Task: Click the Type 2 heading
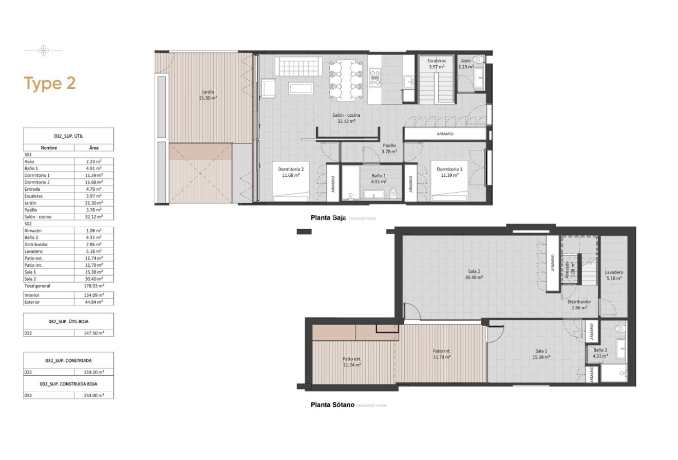tap(50, 83)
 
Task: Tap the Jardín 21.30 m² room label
tap(208, 94)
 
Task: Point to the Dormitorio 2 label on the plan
tap(291, 172)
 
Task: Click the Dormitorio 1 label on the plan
tap(449, 172)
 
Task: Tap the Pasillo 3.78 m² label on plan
tap(389, 148)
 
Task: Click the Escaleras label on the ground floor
tap(436, 63)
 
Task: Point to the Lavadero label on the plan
tap(613, 275)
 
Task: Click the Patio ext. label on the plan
tap(352, 362)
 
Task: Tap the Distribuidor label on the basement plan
tap(579, 305)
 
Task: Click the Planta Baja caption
tap(328, 217)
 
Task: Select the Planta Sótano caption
tap(332, 404)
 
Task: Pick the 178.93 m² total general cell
tap(94, 285)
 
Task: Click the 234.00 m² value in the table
tap(94, 395)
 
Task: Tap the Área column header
tap(94, 148)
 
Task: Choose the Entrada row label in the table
tap(32, 189)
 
